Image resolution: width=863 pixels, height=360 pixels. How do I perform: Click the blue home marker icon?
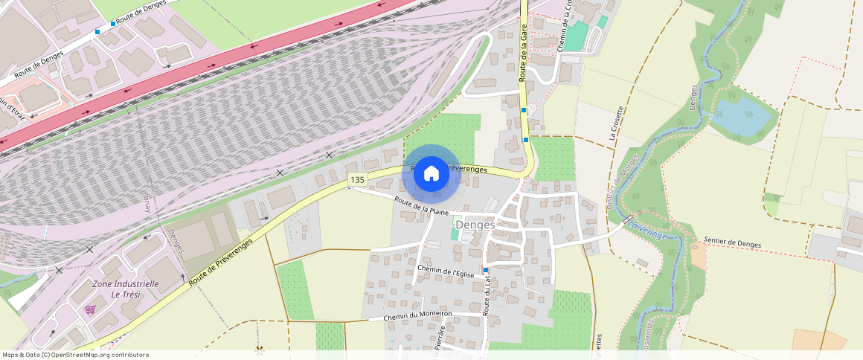[x=431, y=174]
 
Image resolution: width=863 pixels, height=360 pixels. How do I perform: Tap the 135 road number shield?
[x=358, y=180]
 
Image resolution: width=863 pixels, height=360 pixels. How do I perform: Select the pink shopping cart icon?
[x=90, y=309]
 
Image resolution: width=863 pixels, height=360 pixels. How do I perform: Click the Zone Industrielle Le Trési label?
[x=125, y=289]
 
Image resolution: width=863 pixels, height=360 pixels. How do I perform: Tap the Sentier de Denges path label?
[x=733, y=242]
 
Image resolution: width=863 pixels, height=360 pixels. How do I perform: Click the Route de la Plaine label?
[x=421, y=206]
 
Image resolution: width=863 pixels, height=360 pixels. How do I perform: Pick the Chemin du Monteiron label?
[x=417, y=317]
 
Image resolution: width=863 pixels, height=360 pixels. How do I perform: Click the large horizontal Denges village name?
[x=475, y=224]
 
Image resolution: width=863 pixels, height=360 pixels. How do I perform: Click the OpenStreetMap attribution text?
[x=75, y=355]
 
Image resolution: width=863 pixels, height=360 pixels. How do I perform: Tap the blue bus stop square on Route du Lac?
[x=485, y=269]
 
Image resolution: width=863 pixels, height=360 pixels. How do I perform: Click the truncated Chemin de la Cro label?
[x=566, y=22]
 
